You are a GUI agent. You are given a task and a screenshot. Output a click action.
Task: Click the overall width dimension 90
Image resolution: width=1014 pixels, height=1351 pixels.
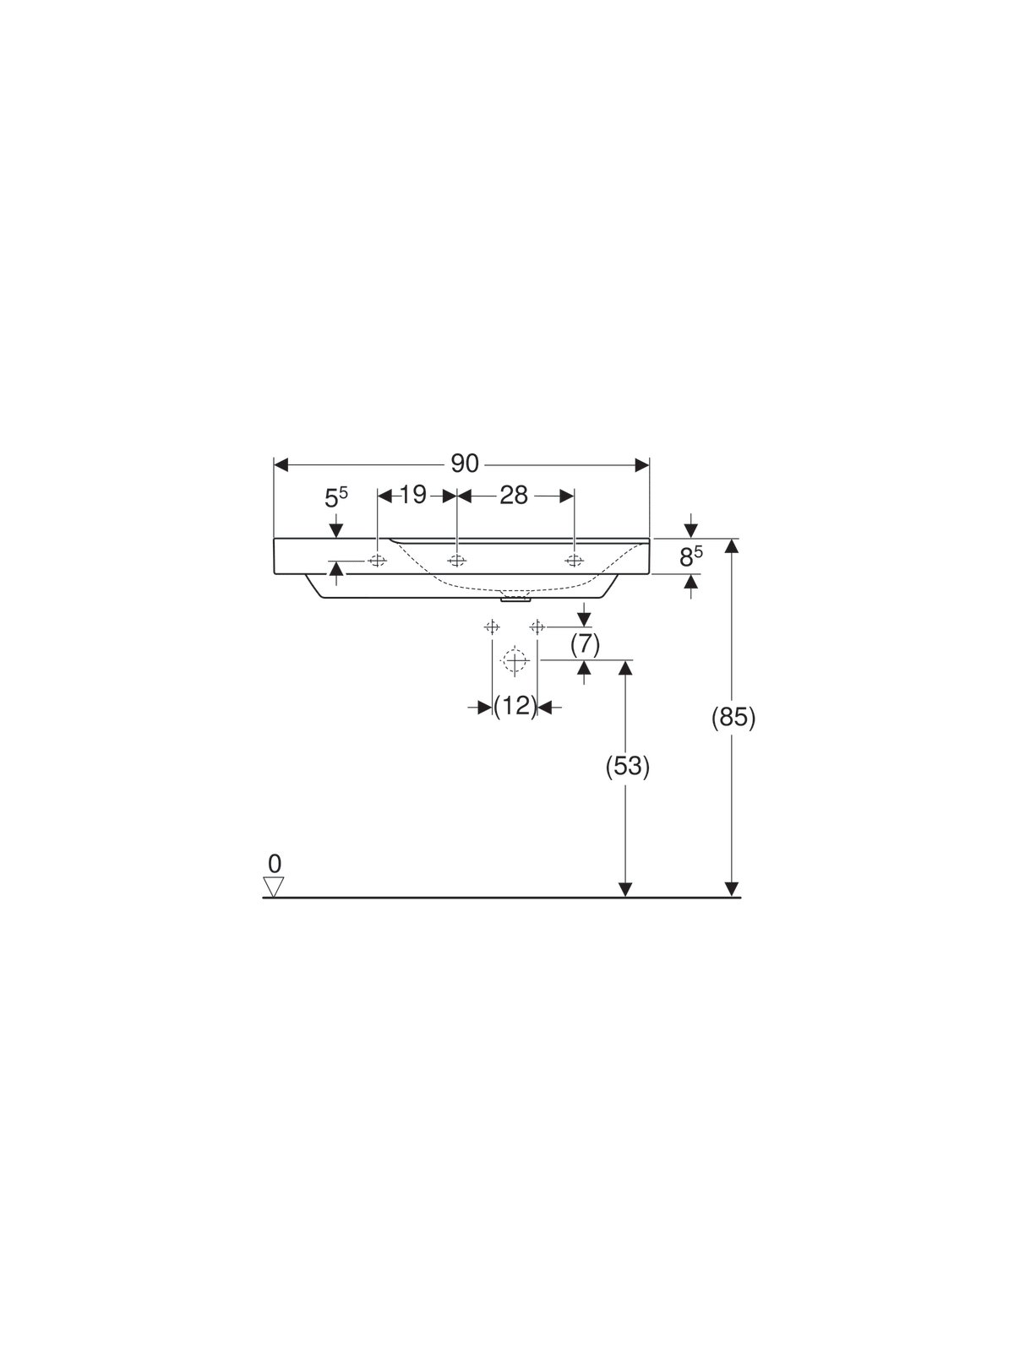click(x=464, y=464)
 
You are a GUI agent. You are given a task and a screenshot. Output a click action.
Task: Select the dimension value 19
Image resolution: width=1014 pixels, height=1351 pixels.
click(x=413, y=494)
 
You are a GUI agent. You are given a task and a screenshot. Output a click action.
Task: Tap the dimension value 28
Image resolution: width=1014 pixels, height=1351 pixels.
click(x=514, y=495)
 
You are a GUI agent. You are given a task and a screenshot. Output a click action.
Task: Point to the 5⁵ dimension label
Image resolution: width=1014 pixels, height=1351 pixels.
click(x=336, y=496)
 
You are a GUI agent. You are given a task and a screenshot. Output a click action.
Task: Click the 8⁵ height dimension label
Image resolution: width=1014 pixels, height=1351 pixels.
click(x=690, y=556)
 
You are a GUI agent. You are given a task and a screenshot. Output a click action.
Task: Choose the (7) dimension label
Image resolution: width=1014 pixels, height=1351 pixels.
click(x=585, y=644)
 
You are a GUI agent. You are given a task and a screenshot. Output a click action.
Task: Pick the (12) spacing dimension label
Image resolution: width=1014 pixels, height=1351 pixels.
click(x=515, y=706)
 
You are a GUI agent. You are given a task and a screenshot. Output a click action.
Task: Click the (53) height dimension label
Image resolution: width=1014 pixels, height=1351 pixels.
click(x=627, y=767)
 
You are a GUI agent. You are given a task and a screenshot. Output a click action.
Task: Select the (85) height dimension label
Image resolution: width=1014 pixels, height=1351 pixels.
click(x=733, y=718)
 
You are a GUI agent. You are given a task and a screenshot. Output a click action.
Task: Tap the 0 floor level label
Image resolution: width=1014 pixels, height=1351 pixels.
click(x=275, y=864)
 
